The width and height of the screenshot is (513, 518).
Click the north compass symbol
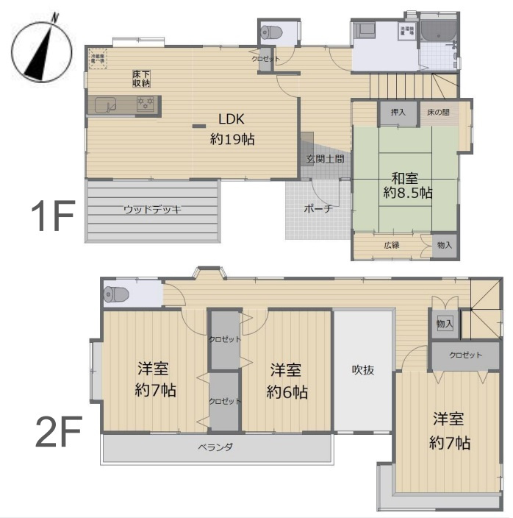(x=41, y=50)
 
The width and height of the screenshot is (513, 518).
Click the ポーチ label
(x=318, y=208)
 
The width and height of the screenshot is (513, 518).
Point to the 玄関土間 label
(x=325, y=158)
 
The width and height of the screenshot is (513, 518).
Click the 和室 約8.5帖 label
(x=406, y=185)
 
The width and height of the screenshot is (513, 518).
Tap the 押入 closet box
(x=398, y=113)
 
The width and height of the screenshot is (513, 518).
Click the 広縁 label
(x=391, y=245)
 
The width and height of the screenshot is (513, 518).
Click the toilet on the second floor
(x=117, y=294)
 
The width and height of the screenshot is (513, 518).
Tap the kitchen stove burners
(x=148, y=106)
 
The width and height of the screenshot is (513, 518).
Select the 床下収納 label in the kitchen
(x=142, y=79)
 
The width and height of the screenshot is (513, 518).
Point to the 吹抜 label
(x=362, y=370)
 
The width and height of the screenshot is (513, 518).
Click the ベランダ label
(x=215, y=447)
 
